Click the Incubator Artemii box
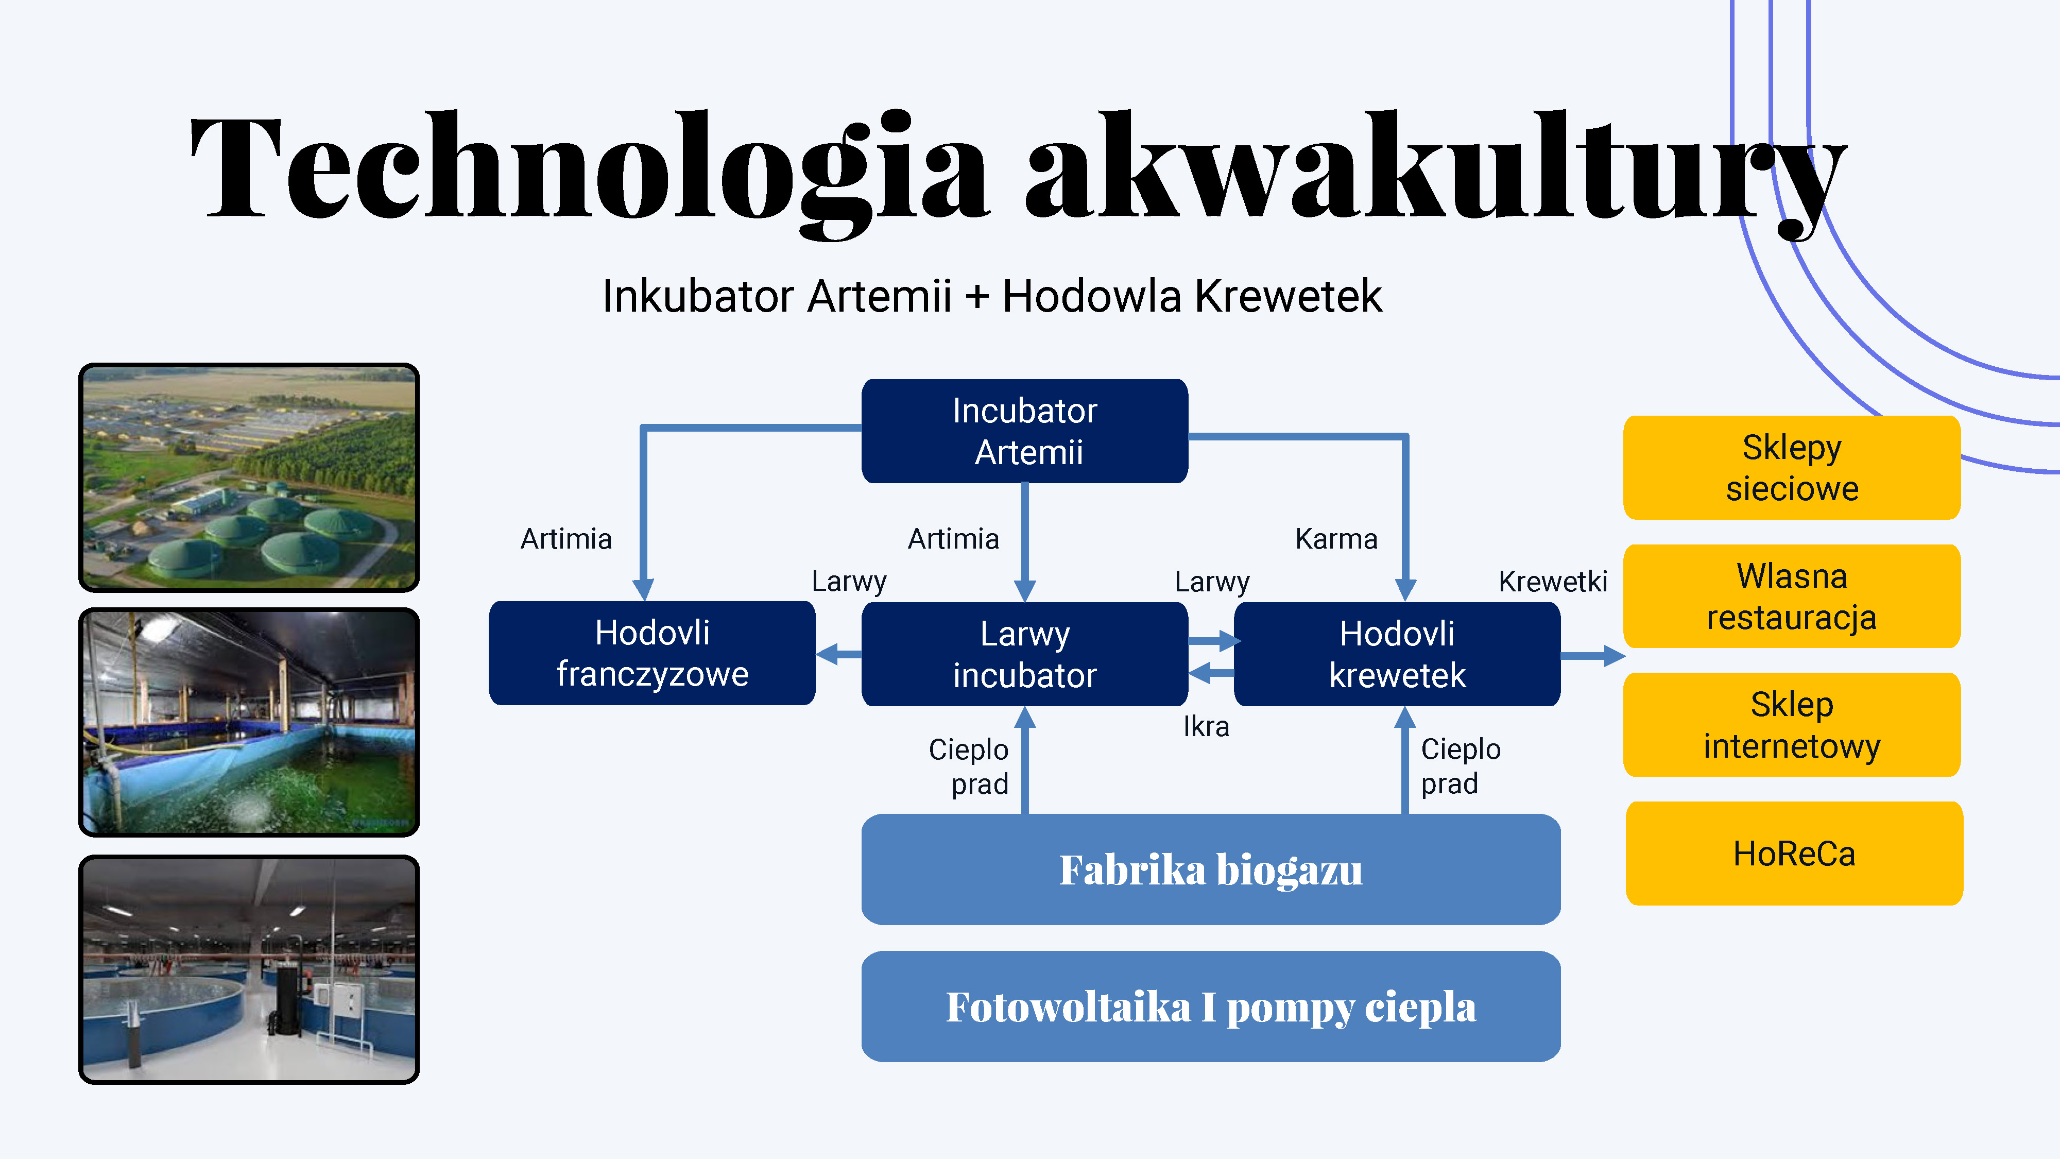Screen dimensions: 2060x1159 coord(1024,431)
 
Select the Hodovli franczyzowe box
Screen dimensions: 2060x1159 coord(652,653)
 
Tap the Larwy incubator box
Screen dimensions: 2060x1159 coord(1024,654)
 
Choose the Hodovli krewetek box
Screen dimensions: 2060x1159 coord(1397,654)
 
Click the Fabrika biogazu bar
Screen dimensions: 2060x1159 coord(1211,870)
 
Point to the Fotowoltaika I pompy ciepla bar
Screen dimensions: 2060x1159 coord(1211,1006)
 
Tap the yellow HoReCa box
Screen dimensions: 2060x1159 coord(1794,854)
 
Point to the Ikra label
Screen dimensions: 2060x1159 coord(1206,726)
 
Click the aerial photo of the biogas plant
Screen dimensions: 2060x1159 coord(249,478)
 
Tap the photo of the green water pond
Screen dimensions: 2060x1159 coord(249,722)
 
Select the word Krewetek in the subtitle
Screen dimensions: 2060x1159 coord(1289,296)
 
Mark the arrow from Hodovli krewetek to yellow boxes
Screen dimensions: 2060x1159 coord(1593,656)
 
